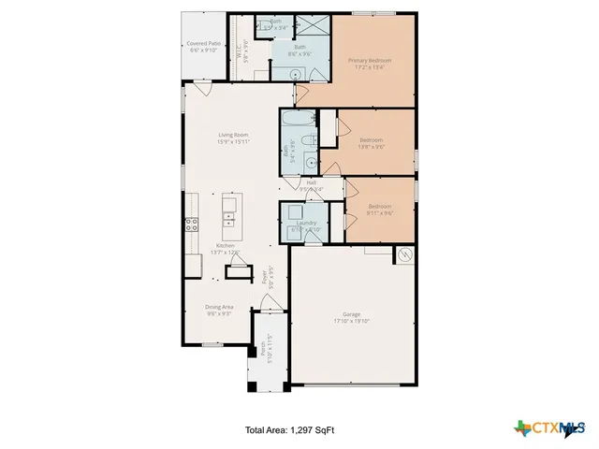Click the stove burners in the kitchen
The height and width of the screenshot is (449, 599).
(191, 224)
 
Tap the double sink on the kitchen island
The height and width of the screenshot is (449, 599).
(228, 219)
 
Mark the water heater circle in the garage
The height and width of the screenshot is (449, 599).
(405, 254)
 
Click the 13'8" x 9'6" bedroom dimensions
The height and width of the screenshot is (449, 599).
(372, 146)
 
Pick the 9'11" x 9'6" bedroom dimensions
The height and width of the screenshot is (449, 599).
(379, 212)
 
